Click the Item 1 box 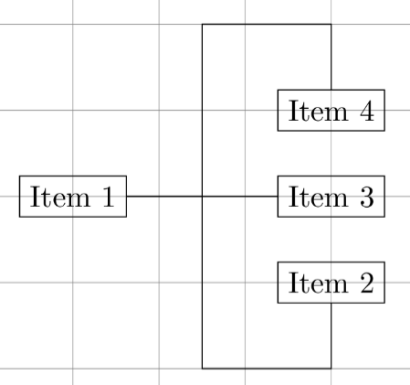pos(73,197)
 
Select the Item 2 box pos(331,283)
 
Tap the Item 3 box pos(331,197)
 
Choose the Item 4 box pos(331,111)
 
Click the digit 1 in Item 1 pos(109,197)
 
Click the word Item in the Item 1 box pos(60,197)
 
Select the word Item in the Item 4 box pos(318,111)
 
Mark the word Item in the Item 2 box pos(318,283)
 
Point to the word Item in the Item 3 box pos(318,197)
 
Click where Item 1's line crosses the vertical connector pos(202,197)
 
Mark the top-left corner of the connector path pos(202,24)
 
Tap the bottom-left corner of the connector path pos(202,369)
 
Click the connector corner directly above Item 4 pos(331,24)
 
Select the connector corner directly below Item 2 pos(331,369)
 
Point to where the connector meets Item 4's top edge pos(331,90)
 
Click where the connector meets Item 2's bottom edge pos(331,304)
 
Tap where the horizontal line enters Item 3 pos(278,197)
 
